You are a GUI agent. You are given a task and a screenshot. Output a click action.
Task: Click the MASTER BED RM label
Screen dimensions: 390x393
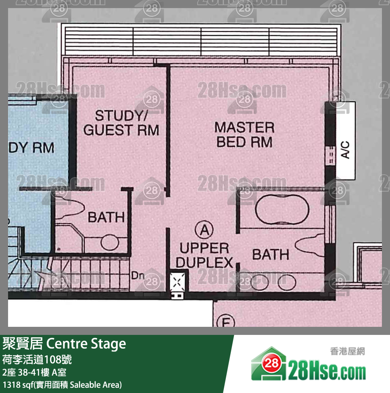click(x=244, y=135)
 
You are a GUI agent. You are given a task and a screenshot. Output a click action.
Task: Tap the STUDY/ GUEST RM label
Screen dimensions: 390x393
click(x=121, y=123)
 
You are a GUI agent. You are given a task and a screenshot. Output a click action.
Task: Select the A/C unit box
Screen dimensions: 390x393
click(x=345, y=140)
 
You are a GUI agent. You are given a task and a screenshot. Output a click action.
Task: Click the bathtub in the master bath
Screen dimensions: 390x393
click(x=282, y=209)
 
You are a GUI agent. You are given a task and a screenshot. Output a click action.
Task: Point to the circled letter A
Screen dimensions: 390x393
click(x=204, y=230)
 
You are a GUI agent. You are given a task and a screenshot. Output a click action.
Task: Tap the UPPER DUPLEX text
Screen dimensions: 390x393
click(x=204, y=255)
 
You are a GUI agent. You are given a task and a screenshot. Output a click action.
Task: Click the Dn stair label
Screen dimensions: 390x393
click(x=138, y=276)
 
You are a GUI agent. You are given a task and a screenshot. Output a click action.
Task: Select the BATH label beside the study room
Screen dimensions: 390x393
click(x=106, y=217)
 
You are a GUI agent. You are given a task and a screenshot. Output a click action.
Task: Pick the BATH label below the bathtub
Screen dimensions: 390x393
click(x=271, y=254)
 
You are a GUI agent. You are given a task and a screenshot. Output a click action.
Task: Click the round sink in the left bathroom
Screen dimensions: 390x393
click(x=110, y=242)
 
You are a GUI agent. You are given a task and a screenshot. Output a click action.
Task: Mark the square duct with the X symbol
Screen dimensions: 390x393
click(x=177, y=282)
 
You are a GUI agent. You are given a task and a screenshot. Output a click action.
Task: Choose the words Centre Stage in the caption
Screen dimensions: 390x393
click(x=86, y=344)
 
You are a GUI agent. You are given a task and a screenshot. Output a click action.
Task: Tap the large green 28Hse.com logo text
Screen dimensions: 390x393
click(x=327, y=372)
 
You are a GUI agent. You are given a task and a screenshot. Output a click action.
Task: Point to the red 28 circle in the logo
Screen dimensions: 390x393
click(x=271, y=363)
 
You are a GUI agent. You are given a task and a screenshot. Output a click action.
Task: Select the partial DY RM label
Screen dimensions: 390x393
click(x=31, y=147)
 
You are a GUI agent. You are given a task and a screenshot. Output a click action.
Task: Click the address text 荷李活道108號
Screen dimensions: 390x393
click(x=37, y=360)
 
